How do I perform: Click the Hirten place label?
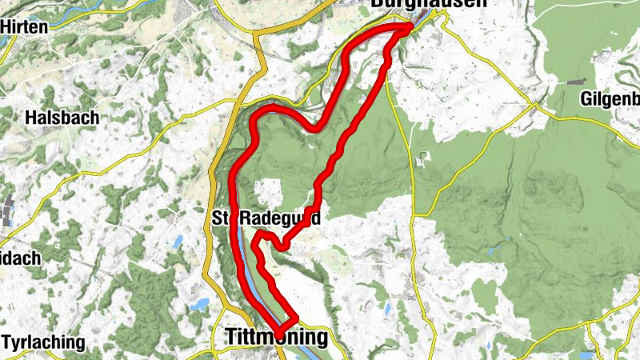pos(26,26)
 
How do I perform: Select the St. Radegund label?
pos(267,218)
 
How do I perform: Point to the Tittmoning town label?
pos(274,338)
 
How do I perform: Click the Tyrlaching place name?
pos(44,342)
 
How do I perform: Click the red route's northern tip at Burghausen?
pos(409,28)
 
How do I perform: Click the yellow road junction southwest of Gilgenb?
pos(532,105)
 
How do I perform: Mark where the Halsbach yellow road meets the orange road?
pos(239,102)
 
